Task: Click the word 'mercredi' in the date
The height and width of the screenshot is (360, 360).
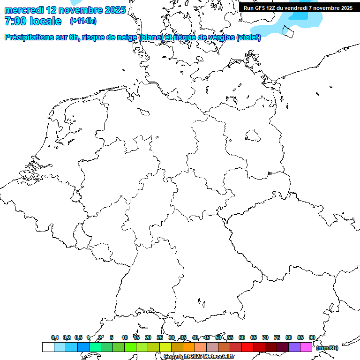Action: pos(24,10)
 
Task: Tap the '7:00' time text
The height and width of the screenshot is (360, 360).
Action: pos(13,21)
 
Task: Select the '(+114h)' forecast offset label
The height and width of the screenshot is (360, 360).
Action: pos(83,21)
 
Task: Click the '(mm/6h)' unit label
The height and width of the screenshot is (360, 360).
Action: pos(327,348)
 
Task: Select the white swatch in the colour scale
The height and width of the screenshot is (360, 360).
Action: pos(48,347)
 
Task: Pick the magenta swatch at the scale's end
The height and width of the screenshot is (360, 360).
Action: pos(306,347)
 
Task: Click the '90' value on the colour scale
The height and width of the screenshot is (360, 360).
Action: pos(312,337)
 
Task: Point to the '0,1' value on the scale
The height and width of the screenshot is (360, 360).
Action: pos(55,337)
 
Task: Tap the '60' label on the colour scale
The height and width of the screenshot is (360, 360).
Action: pos(242,337)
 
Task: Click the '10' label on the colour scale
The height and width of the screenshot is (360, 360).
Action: pos(125,337)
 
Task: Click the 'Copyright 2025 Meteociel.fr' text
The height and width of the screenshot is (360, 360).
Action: pos(199,357)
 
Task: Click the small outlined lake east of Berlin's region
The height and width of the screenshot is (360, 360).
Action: pos(253,136)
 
